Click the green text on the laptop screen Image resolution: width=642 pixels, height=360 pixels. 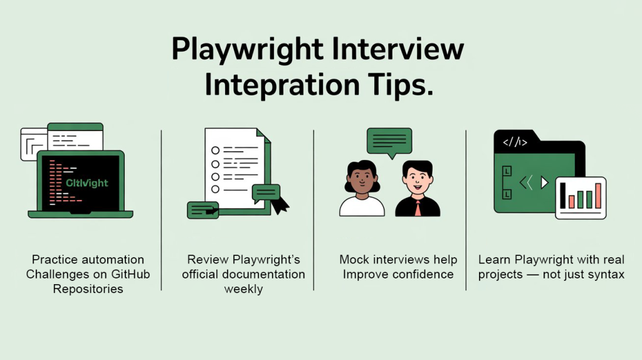(x=87, y=183)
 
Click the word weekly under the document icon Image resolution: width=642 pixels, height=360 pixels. (x=243, y=289)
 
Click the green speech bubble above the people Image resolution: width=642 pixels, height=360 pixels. (x=389, y=141)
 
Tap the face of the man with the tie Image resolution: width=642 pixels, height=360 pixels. (x=417, y=179)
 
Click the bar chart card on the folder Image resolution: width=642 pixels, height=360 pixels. (x=581, y=197)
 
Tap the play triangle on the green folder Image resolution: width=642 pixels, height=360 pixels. (x=544, y=183)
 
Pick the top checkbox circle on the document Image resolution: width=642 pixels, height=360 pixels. (x=216, y=151)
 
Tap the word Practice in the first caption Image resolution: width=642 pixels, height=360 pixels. (x=55, y=260)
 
